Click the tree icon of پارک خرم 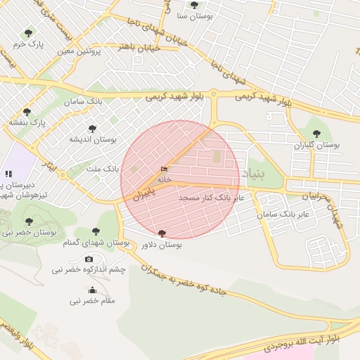click(x=28, y=33)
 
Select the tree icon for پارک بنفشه click(x=27, y=112)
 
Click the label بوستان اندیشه click(x=92, y=139)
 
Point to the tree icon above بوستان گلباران click(x=316, y=134)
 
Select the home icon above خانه click(x=165, y=169)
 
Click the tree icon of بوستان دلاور click(x=162, y=233)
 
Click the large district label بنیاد click(x=254, y=173)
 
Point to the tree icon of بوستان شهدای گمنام click(x=96, y=232)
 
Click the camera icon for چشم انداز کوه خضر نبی click(x=89, y=259)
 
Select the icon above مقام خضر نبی click(x=92, y=290)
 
